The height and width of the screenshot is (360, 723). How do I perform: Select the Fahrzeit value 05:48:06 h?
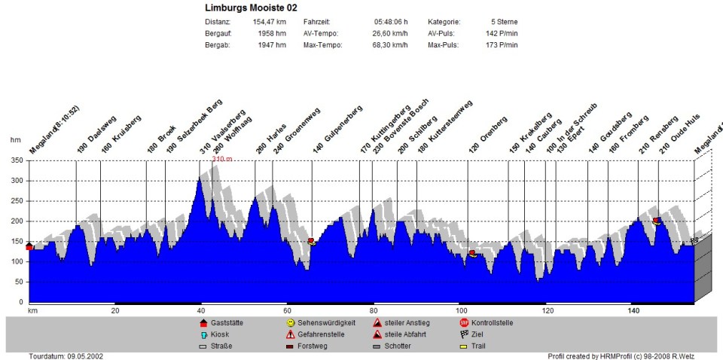tap(391, 23)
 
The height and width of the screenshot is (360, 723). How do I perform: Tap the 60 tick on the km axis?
tap(287, 310)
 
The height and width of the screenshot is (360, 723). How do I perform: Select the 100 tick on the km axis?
tap(459, 310)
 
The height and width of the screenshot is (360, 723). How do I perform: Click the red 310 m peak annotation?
tap(221, 160)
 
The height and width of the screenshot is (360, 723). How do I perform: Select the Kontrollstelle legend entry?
tap(492, 322)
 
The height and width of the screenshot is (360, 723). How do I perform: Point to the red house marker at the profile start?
tap(29, 246)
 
